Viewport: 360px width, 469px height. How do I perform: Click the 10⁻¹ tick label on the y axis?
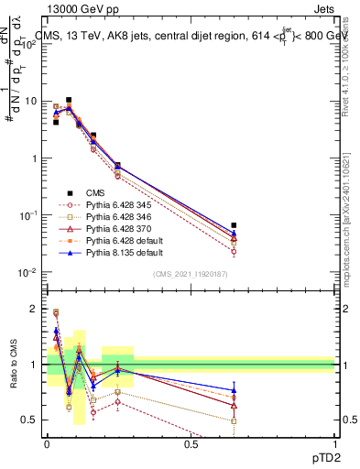(30, 215)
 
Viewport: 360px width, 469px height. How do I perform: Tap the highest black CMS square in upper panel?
(69, 100)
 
